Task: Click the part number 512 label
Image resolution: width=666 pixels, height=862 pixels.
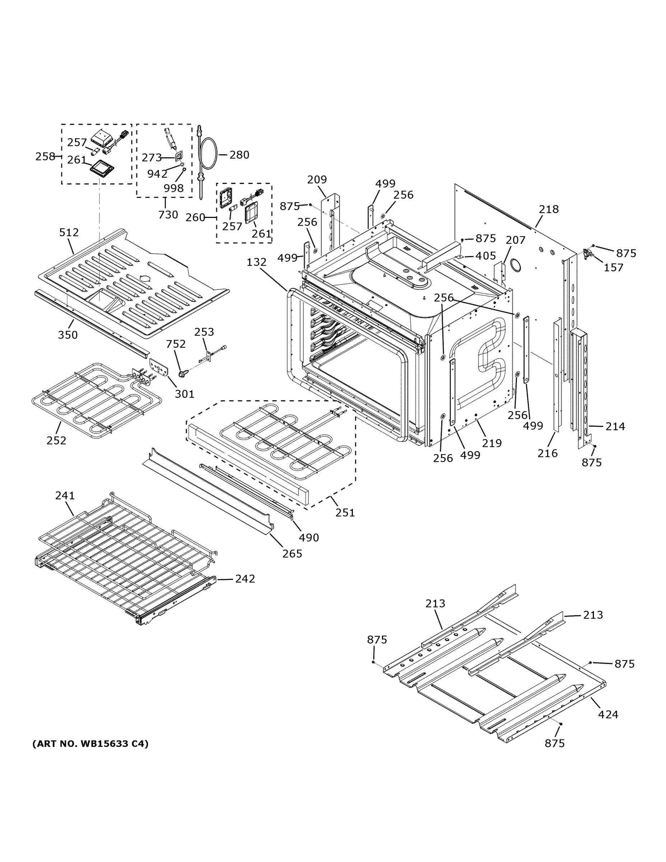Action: (69, 232)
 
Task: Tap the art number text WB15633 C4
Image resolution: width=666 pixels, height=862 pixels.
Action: (90, 743)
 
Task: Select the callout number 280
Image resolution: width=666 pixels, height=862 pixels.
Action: (239, 155)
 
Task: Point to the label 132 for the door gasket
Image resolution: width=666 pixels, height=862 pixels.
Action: (256, 262)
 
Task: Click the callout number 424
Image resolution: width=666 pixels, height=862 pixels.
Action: (608, 714)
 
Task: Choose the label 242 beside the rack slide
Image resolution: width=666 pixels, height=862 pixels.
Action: (245, 579)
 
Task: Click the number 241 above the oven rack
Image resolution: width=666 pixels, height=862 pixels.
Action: (65, 495)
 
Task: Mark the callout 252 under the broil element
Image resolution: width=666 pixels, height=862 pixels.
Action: (56, 440)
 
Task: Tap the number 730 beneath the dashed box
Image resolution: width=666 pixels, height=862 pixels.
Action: (168, 215)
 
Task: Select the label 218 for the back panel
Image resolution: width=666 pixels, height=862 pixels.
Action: (549, 209)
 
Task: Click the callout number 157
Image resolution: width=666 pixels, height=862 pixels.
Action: (614, 268)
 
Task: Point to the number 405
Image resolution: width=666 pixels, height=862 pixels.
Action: (485, 256)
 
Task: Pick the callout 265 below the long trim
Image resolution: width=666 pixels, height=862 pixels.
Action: (292, 554)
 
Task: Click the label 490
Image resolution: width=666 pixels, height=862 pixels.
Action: (309, 538)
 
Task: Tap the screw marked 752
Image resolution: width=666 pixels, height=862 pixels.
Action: (182, 372)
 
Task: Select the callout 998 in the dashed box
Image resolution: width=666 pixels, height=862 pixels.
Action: (174, 188)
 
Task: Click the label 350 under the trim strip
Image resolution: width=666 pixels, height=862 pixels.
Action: (68, 335)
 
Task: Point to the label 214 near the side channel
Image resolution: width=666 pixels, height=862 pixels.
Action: (615, 426)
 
